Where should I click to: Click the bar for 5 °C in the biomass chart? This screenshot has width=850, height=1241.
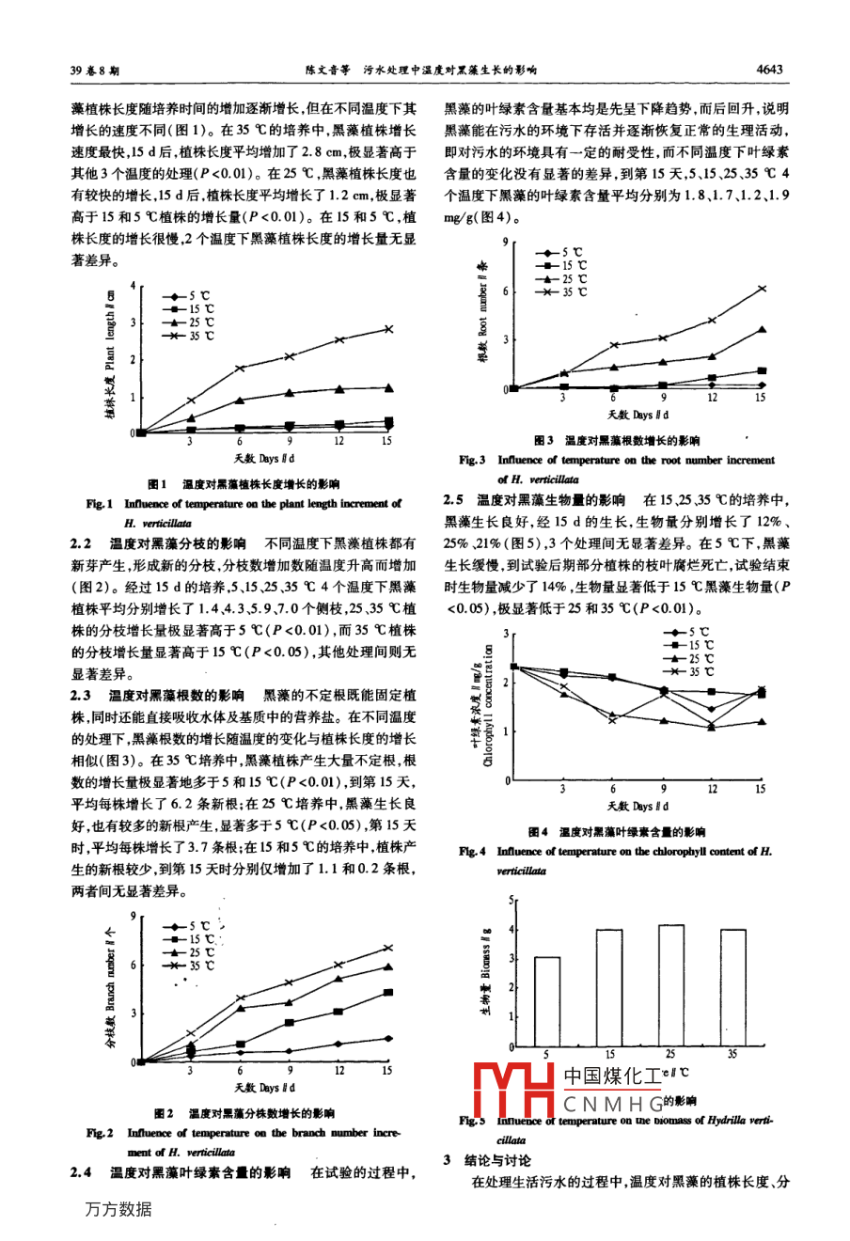(x=546, y=1001)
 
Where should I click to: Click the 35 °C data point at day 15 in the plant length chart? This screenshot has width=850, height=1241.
(x=387, y=329)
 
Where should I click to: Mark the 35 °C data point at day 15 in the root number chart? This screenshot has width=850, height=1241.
(x=762, y=288)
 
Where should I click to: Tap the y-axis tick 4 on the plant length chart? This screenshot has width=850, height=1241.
(x=134, y=285)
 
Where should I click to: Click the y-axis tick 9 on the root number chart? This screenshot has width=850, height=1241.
(x=506, y=243)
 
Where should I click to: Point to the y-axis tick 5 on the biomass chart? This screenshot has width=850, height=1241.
(x=512, y=900)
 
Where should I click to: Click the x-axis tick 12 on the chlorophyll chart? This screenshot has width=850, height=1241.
(x=712, y=790)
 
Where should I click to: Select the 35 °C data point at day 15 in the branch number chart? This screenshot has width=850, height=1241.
(x=386, y=947)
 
